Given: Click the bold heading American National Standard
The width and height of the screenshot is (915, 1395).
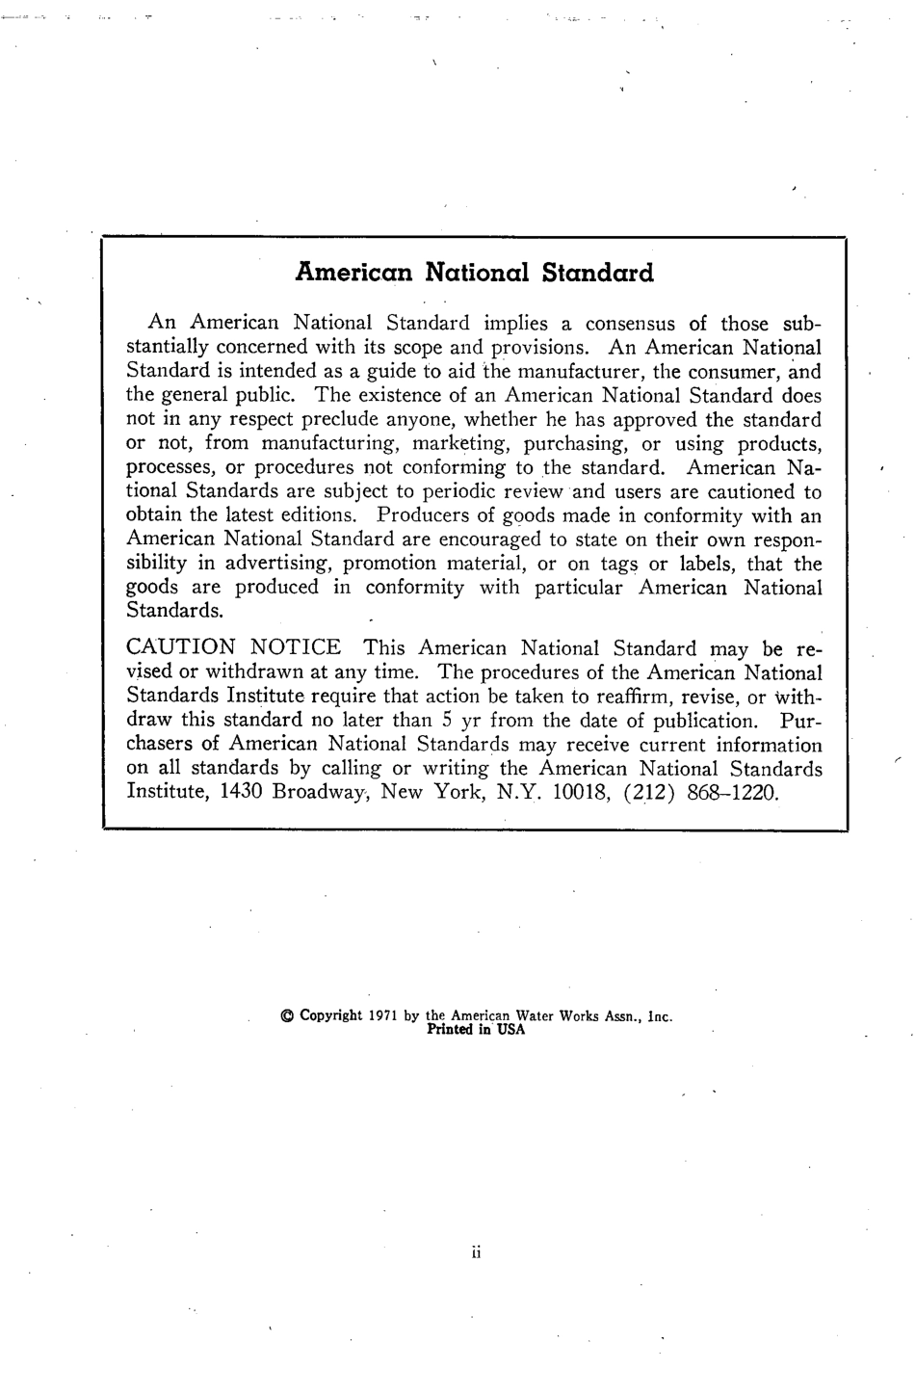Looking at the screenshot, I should [x=474, y=273].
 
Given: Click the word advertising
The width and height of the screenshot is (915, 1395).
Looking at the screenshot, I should [x=277, y=565].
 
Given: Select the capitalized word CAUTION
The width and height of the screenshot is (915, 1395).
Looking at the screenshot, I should [x=180, y=648].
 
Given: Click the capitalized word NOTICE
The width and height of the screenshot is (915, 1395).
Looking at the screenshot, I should [x=295, y=648].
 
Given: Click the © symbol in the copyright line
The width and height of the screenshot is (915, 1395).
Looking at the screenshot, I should [x=286, y=1015].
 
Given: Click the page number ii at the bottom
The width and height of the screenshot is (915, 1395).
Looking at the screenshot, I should [x=476, y=1253].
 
